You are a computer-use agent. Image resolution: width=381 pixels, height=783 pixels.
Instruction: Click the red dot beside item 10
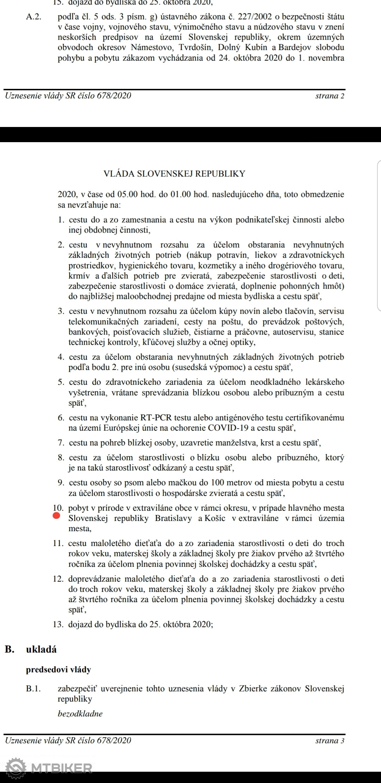point(56,516)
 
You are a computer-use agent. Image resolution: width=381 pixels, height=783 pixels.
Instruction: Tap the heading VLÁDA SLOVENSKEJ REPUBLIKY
point(174,174)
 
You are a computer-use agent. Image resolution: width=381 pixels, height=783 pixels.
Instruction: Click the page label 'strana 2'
point(329,96)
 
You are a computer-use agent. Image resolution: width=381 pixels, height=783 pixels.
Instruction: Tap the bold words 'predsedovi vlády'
point(59,669)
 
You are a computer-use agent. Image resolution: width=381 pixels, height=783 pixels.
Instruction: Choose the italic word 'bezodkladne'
point(80,714)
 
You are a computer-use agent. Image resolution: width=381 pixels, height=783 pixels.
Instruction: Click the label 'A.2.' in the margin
point(34,17)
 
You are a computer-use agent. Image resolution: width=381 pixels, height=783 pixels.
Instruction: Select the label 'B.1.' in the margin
point(34,688)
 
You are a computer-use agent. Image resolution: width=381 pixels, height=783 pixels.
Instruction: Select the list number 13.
point(58,624)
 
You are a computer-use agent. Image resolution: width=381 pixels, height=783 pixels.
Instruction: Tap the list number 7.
point(61,443)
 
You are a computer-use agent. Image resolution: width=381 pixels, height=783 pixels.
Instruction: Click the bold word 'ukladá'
point(41,649)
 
